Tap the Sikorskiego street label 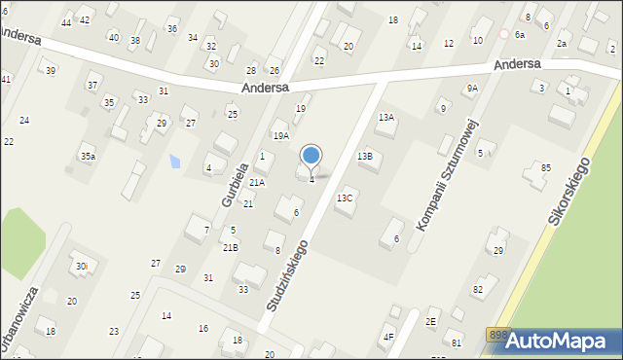click(568, 192)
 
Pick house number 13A click(386, 117)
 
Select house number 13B click(364, 156)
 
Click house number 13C click(345, 198)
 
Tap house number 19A click(280, 136)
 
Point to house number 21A click(257, 182)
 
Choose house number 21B click(231, 247)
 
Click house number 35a click(88, 156)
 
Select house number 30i click(82, 266)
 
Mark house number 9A click(472, 89)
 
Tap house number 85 click(546, 167)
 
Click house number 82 click(478, 289)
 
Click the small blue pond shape click(175, 161)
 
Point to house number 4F click(388, 337)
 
